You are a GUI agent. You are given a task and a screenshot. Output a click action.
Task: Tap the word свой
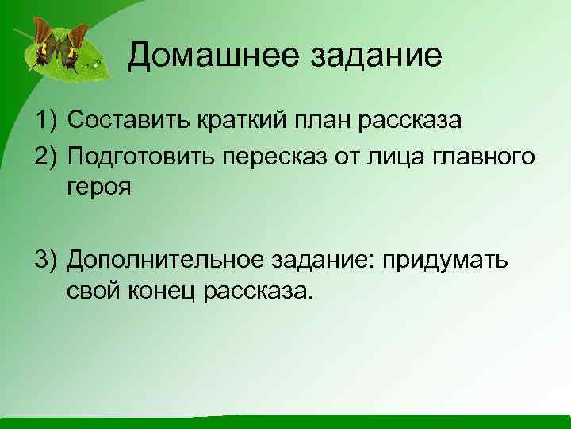click(94, 292)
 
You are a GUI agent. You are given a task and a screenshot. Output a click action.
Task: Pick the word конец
click(163, 292)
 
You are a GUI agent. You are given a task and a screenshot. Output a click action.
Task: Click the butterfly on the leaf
click(60, 44)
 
